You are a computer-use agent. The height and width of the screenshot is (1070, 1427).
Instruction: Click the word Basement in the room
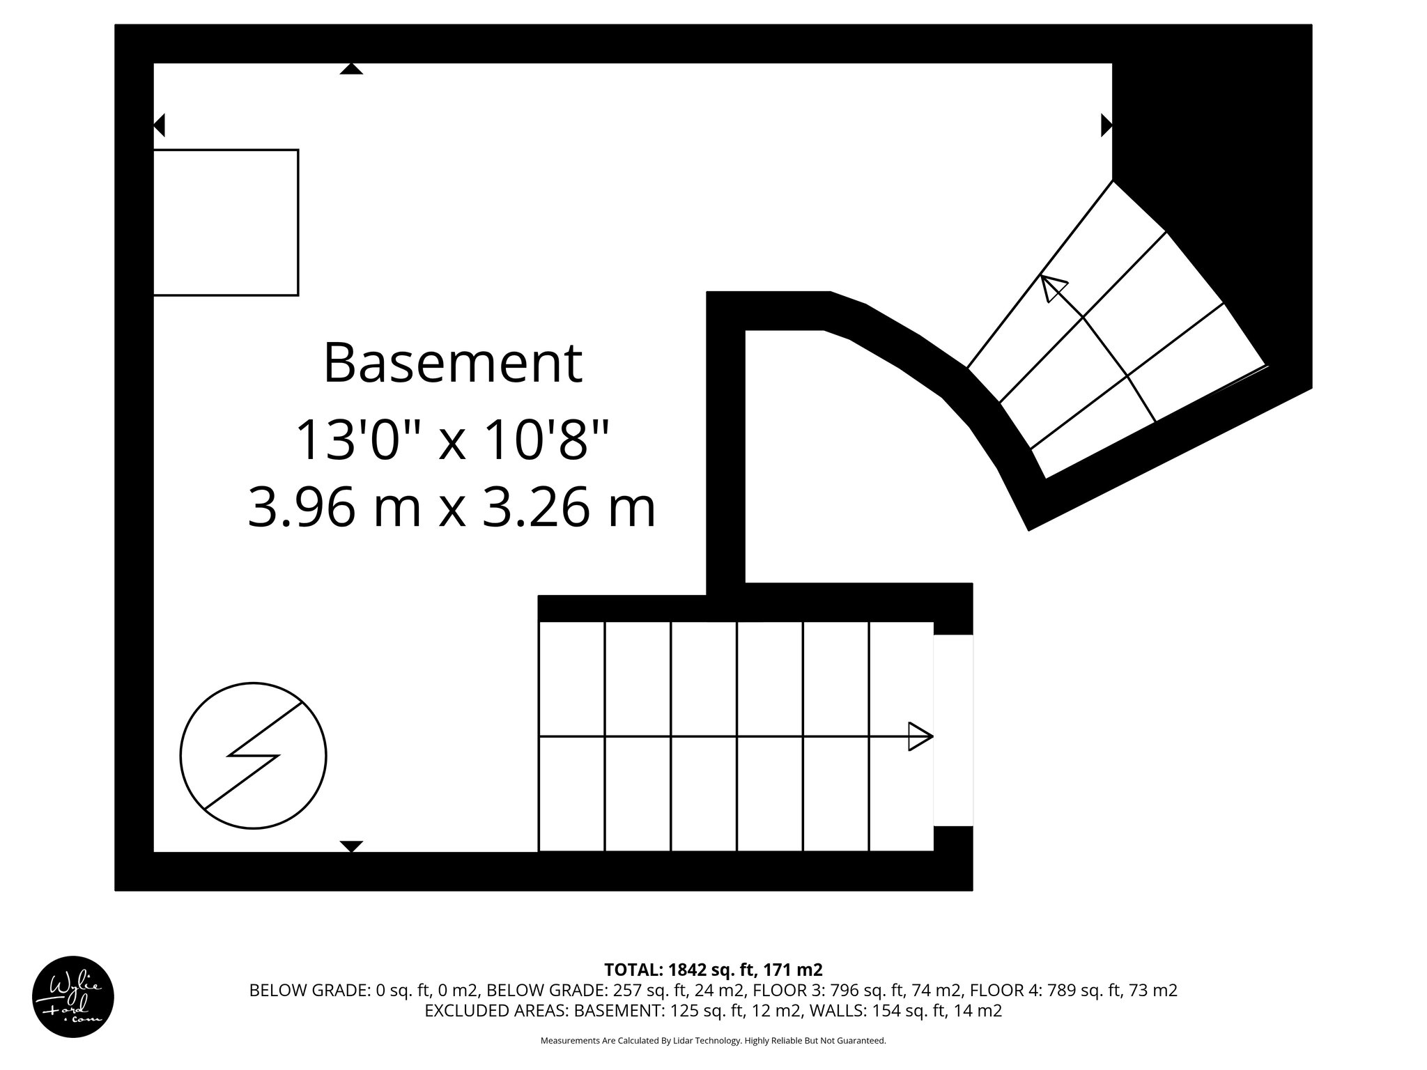(x=452, y=363)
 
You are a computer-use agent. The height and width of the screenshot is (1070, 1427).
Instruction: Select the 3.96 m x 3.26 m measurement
(x=452, y=508)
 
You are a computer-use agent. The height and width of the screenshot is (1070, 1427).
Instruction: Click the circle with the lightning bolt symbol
(x=253, y=755)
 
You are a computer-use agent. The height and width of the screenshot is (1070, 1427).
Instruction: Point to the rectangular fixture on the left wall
(x=226, y=222)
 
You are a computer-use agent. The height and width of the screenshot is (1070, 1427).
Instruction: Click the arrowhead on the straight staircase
(x=920, y=736)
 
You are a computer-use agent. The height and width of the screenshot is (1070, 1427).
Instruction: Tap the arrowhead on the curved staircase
(x=1053, y=288)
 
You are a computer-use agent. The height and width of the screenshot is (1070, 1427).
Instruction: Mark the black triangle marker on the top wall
(x=351, y=68)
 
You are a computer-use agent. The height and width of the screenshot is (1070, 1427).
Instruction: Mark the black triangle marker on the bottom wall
(x=351, y=846)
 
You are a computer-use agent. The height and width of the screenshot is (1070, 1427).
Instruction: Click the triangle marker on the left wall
(x=160, y=125)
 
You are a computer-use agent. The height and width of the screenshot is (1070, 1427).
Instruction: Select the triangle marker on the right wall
(x=1106, y=125)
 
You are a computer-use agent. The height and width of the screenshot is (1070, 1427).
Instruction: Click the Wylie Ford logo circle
(x=72, y=997)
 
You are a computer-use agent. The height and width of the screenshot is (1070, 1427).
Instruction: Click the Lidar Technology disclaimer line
(x=713, y=1041)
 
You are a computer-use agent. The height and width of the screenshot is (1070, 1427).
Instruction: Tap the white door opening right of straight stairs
(x=952, y=730)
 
